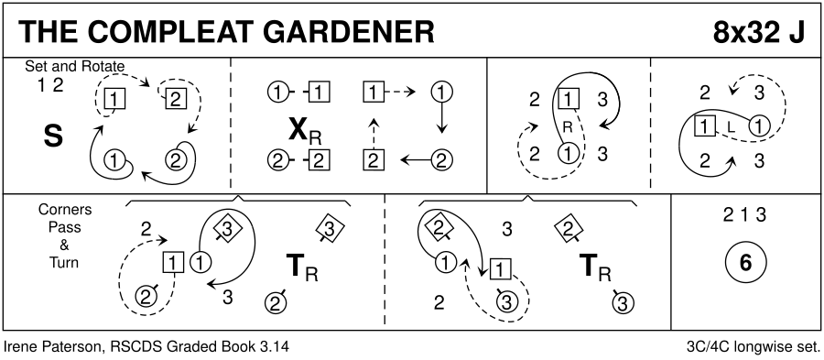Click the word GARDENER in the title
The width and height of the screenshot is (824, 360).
[x=348, y=33]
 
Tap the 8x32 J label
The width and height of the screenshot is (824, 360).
[x=758, y=33]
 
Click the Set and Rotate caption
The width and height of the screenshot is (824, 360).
[x=75, y=67]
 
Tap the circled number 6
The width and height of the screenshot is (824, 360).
[x=745, y=263]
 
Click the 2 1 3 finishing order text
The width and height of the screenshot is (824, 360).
[x=745, y=215]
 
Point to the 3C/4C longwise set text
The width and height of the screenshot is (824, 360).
[x=753, y=347]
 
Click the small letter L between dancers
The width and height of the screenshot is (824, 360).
[x=730, y=126]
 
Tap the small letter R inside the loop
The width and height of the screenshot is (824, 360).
[x=567, y=126]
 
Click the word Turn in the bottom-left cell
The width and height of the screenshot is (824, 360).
[x=65, y=263]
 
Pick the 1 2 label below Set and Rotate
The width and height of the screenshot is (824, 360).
[x=50, y=85]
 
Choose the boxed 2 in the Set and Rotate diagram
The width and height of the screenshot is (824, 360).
[x=176, y=98]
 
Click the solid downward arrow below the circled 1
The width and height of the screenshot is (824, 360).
[x=441, y=119]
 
